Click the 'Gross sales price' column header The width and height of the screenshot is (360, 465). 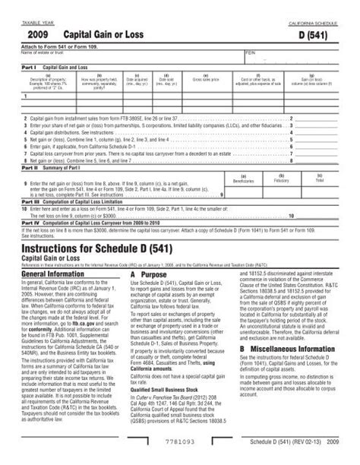click(207, 77)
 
